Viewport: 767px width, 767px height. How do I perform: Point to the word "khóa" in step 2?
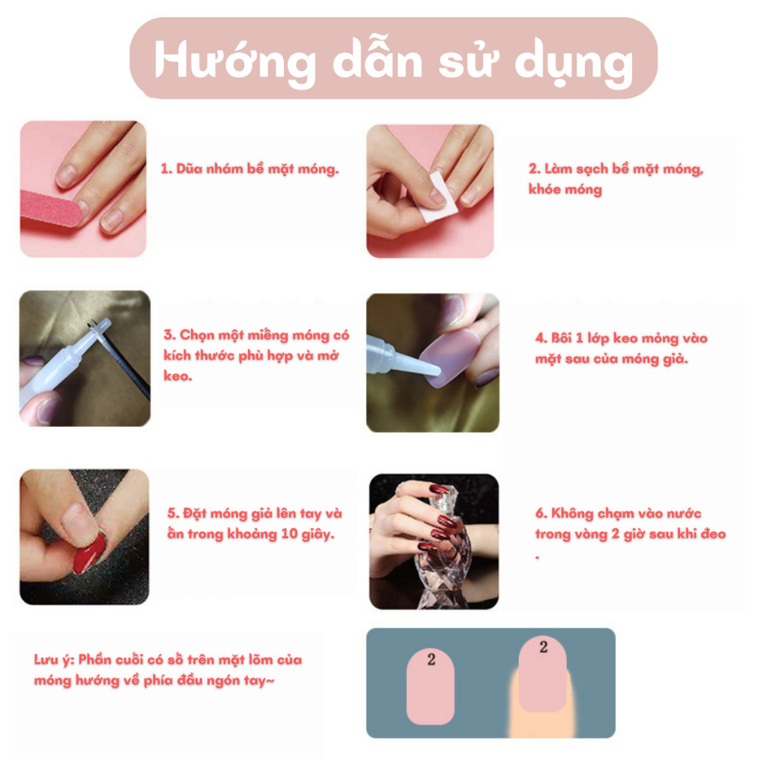pyautogui.click(x=545, y=190)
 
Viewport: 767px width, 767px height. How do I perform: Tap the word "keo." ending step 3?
pyautogui.click(x=177, y=375)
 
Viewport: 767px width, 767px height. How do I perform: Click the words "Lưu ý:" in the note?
pyautogui.click(x=54, y=660)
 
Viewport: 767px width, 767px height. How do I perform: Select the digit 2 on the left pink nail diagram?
pyautogui.click(x=431, y=660)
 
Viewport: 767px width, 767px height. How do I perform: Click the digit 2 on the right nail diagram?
pyautogui.click(x=543, y=647)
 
